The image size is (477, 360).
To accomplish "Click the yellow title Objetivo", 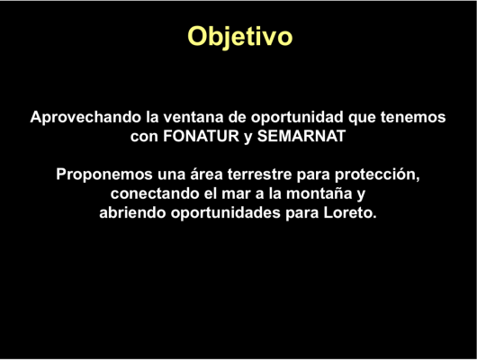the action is (x=240, y=37).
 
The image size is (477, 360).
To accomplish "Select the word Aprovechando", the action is (x=85, y=118).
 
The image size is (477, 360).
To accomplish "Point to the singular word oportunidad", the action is (x=297, y=118).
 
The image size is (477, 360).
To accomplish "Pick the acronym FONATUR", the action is (x=202, y=136).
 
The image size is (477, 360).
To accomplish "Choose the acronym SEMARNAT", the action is (x=301, y=136).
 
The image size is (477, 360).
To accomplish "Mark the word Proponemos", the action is (x=104, y=175).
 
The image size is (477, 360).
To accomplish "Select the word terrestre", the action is (x=259, y=175).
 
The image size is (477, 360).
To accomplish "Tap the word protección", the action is (x=377, y=175).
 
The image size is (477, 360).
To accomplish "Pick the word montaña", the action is (x=319, y=193).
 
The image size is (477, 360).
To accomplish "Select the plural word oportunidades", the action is (x=225, y=213).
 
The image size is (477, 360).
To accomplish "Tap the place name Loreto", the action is (x=350, y=212).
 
